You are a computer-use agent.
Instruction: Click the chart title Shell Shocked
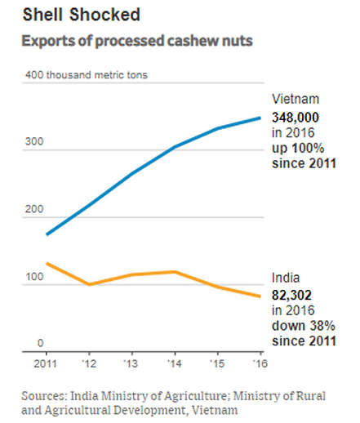(x=82, y=15)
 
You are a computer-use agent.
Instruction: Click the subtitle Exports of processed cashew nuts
(x=137, y=41)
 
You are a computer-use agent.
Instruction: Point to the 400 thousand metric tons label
(x=87, y=75)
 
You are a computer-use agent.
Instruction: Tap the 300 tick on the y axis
(x=34, y=141)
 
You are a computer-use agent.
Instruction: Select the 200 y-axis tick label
(x=34, y=209)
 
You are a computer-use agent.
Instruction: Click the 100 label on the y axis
(x=34, y=277)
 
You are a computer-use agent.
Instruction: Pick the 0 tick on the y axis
(x=40, y=343)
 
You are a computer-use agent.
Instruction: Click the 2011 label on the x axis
(x=45, y=363)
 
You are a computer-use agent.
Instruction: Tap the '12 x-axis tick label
(x=89, y=363)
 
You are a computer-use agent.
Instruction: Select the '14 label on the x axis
(x=175, y=363)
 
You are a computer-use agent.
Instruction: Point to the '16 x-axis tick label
(x=260, y=363)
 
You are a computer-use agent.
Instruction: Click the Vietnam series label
(x=296, y=99)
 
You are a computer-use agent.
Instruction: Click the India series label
(x=286, y=278)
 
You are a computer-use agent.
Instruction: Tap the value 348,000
(x=296, y=118)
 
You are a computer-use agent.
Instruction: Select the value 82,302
(x=291, y=295)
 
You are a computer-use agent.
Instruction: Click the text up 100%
(x=298, y=149)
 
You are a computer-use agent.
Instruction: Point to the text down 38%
(x=304, y=326)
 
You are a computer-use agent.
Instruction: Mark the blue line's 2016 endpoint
(x=260, y=118)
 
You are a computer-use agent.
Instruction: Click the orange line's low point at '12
(x=89, y=284)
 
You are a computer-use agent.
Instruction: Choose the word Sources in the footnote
(x=44, y=396)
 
